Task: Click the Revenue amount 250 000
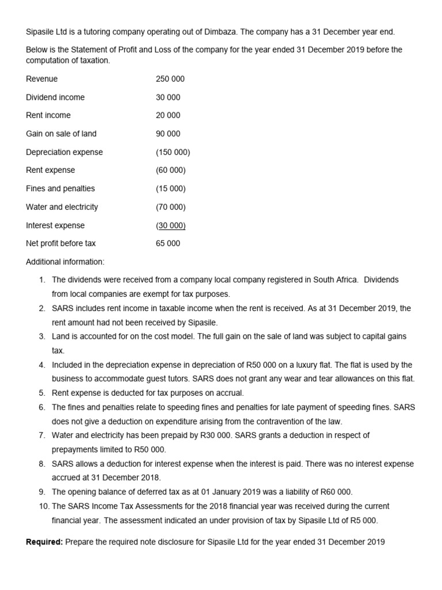(170, 79)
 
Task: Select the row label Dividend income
(55, 97)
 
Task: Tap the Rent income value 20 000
(168, 115)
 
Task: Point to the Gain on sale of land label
(61, 134)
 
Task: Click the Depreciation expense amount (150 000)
(173, 152)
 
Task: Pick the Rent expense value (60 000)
(171, 170)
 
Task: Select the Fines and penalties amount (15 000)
(171, 188)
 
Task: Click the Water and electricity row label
(62, 207)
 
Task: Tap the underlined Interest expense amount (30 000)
(171, 225)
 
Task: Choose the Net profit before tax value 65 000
(168, 243)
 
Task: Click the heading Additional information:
(65, 262)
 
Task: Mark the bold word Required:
(45, 542)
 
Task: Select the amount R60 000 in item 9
(333, 491)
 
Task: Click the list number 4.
(42, 365)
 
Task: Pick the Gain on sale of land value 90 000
(168, 134)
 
